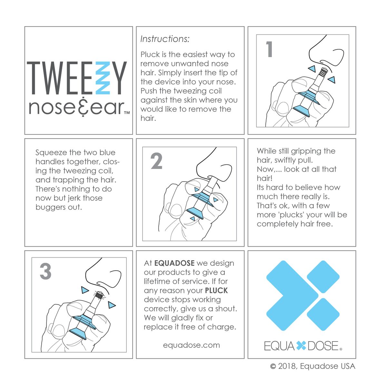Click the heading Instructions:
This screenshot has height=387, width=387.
point(165,39)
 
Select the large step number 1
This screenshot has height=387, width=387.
point(269,50)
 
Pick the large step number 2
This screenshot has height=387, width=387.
point(156,162)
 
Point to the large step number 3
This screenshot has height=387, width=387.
point(45,272)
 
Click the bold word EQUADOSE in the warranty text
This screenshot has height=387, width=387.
point(174,263)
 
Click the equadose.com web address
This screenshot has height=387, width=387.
point(191,345)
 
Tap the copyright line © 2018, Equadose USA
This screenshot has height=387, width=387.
point(313,366)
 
